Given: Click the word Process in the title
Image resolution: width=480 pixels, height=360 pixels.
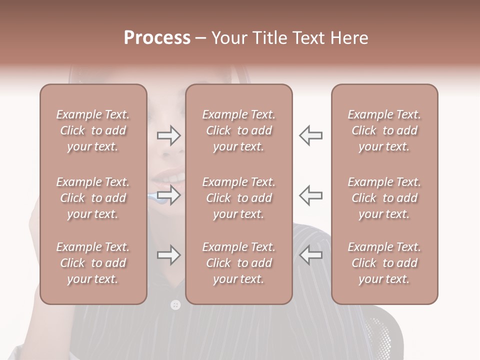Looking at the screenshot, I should point(157,38).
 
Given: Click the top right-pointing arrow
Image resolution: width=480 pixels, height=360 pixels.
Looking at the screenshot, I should point(169,135).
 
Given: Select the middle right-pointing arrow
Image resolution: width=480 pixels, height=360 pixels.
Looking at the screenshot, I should point(169,195).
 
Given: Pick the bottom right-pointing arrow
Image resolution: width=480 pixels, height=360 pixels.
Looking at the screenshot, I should point(169,255).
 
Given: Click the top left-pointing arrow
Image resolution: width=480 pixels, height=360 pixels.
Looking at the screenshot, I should point(310,135).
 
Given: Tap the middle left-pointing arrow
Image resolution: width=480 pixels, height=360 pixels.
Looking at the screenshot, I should point(310,195).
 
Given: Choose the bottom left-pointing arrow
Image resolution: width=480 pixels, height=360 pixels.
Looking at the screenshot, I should point(310,255).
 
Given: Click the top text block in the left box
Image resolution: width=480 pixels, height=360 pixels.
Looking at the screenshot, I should point(93,130).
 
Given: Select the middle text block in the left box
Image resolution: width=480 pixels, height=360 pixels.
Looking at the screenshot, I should point(93,198).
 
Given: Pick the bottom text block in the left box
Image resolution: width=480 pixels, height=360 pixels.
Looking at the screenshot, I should point(93,263).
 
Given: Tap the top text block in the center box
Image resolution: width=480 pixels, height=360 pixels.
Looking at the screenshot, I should point(238,130).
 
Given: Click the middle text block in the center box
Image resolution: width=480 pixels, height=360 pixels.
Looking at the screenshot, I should point(238,198).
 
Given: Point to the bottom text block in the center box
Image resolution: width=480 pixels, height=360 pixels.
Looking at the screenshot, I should point(238,263).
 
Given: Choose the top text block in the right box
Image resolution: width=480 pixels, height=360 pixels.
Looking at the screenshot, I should point(384,130).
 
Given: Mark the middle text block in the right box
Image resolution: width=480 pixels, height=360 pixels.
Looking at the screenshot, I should point(384,198).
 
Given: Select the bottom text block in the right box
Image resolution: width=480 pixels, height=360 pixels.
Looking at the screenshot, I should point(384,263).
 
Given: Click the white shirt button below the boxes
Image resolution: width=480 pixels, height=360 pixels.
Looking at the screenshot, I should point(175,304).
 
